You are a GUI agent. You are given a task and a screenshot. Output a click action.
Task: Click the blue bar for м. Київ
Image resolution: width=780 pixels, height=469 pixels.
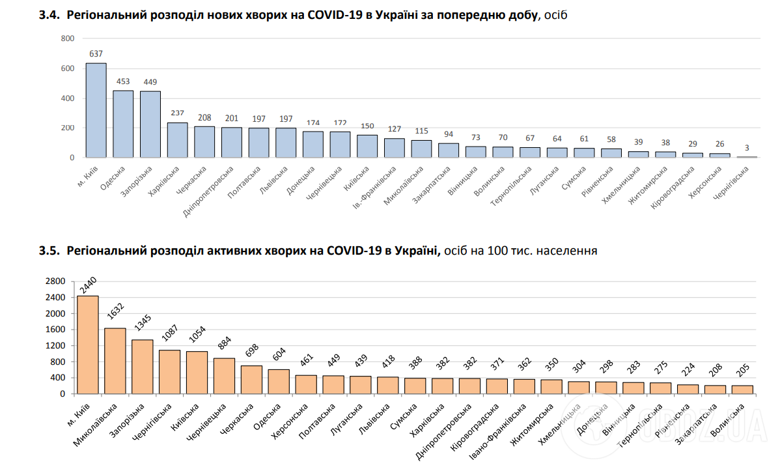[96, 110]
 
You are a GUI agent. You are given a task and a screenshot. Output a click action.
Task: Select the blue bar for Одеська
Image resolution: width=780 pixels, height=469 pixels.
[123, 124]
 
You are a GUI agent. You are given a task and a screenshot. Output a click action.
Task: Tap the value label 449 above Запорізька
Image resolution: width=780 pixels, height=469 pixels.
[150, 81]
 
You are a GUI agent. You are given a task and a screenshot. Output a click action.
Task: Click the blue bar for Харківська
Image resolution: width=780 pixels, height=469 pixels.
[177, 140]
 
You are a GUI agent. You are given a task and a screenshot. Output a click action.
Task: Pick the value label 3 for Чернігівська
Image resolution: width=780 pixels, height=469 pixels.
[747, 148]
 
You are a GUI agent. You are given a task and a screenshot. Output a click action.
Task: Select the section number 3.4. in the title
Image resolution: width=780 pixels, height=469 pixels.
[50, 14]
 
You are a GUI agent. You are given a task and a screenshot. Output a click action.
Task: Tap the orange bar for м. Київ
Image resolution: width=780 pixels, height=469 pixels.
[88, 345]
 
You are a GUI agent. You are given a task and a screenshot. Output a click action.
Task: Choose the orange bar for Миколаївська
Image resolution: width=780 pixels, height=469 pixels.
[115, 361]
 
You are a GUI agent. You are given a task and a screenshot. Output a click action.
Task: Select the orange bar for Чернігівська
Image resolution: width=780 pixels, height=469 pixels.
[170, 372]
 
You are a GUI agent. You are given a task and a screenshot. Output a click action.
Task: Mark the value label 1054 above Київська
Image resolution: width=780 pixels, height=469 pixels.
[198, 338]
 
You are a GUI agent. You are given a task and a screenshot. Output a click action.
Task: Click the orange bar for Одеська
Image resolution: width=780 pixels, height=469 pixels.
[279, 381]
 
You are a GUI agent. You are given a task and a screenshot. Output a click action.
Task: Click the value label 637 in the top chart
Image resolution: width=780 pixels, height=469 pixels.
[96, 53]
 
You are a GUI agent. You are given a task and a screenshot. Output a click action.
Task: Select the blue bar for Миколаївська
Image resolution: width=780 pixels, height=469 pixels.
[421, 149]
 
